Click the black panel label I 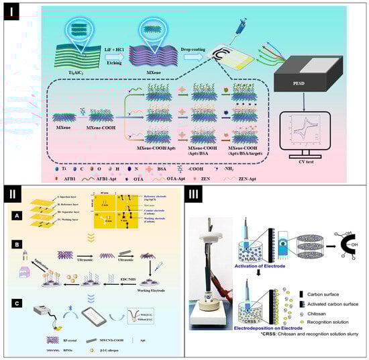tap(12, 13)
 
